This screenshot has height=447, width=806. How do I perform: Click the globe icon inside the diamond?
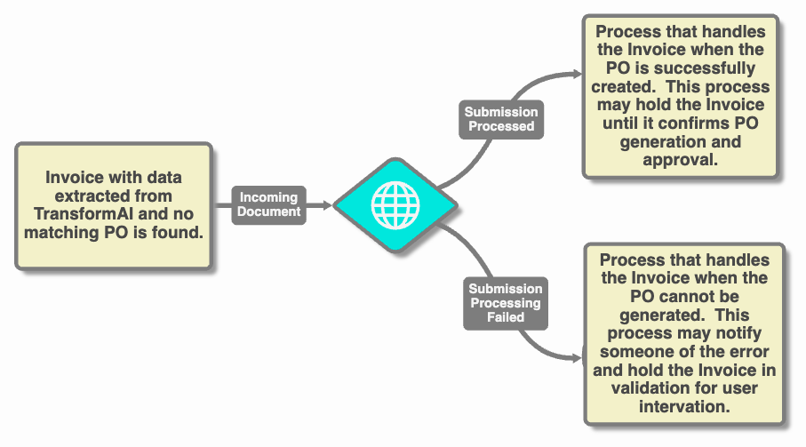point(395,205)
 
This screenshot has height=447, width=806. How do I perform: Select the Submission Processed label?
point(501,119)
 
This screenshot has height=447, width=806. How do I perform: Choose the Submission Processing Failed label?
point(506,303)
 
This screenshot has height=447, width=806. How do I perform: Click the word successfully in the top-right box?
point(700,68)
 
